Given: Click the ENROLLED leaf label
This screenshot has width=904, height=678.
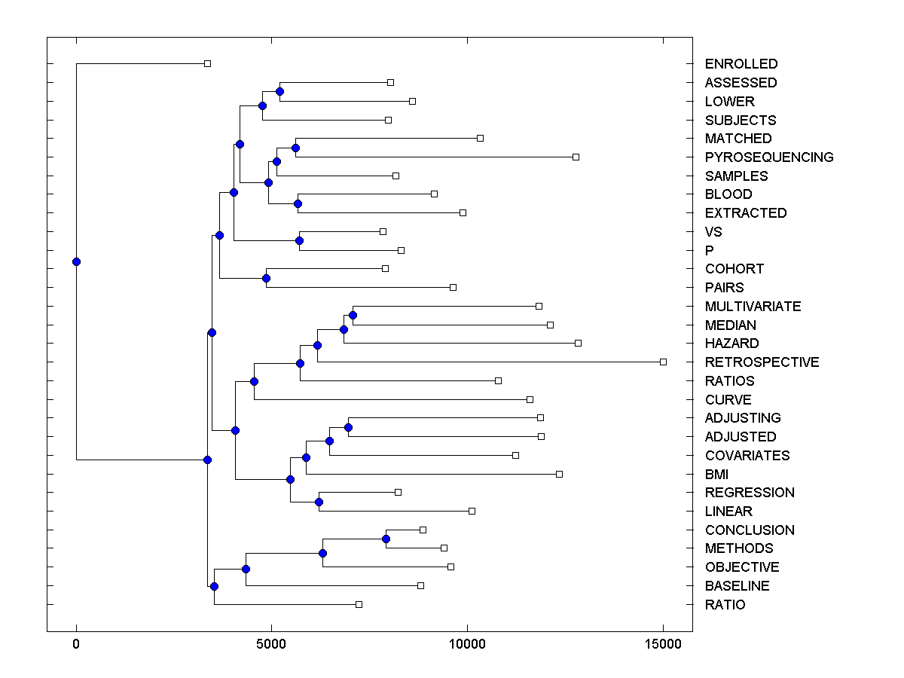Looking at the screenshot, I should (741, 64).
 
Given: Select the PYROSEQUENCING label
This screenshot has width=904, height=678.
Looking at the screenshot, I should (769, 157).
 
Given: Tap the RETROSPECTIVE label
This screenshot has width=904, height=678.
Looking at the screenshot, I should (762, 362).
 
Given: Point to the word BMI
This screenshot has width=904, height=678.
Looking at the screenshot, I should (716, 475).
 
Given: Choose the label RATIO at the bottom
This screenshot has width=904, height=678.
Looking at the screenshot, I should (725, 605).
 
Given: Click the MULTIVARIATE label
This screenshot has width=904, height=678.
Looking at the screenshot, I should (753, 307).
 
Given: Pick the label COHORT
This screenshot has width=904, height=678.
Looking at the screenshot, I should (734, 269).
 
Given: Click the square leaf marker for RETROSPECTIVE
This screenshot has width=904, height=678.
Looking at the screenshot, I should (663, 362).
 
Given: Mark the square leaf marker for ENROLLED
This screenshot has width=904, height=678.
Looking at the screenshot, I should (208, 64).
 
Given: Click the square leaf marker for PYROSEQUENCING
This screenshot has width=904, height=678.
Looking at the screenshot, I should (576, 157).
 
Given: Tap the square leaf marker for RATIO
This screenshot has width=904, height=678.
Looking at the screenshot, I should (359, 604).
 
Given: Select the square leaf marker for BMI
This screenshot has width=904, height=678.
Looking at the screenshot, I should (559, 474).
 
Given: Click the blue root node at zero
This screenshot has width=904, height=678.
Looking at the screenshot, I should (76, 261).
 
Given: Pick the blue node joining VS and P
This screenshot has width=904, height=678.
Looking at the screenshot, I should (299, 241).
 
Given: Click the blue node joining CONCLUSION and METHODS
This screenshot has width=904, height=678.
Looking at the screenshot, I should (386, 539).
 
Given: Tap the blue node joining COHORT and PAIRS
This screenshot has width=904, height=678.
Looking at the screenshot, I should (266, 278).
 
